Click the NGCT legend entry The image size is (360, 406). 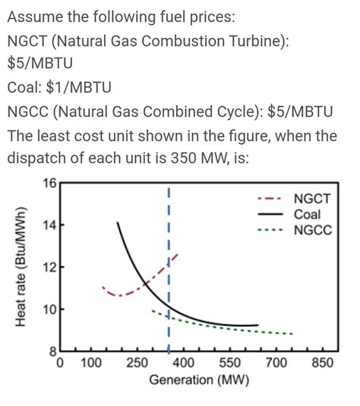point(315,200)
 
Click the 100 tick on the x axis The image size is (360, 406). point(91,364)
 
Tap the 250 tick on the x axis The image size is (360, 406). point(137,364)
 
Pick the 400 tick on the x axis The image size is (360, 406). point(185,364)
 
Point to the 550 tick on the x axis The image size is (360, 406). point(231,364)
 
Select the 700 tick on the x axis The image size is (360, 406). point(276,364)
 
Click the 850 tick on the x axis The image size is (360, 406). point(323,364)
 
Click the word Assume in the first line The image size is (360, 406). point(36,16)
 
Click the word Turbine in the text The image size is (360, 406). point(251,40)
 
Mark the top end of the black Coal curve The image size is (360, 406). point(118,222)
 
